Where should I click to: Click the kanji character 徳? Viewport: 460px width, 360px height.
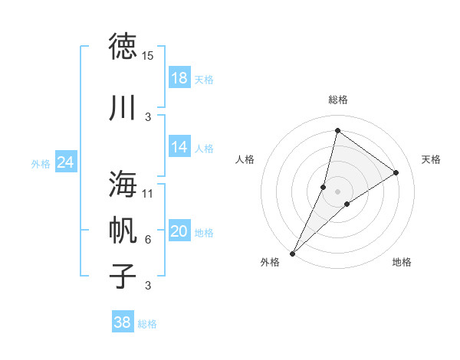tap(123, 46)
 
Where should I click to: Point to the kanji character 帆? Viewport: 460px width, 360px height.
tap(123, 230)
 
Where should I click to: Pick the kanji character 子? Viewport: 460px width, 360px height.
tap(123, 276)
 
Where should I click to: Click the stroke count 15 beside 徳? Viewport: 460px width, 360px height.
tap(148, 56)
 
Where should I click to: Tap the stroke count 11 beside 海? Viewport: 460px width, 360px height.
tap(148, 193)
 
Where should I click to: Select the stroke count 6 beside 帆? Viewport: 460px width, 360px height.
tap(148, 240)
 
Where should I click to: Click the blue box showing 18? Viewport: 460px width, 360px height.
tap(179, 78)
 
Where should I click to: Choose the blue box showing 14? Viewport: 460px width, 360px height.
tap(179, 147)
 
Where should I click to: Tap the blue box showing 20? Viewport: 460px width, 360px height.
tap(179, 231)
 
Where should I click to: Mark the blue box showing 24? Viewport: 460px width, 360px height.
tap(66, 162)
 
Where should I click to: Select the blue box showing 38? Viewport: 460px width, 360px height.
tap(123, 322)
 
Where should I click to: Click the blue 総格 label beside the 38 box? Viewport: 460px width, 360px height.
tap(147, 324)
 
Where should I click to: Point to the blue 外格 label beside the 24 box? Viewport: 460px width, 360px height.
tap(41, 163)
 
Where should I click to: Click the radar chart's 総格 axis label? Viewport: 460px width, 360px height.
tap(337, 100)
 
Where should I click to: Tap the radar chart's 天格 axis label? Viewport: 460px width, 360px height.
tap(432, 159)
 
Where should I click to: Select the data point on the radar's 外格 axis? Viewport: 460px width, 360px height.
tap(292, 253)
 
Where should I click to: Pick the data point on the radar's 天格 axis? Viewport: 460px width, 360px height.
tap(396, 172)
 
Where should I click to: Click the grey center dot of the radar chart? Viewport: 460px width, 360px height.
tap(337, 191)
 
